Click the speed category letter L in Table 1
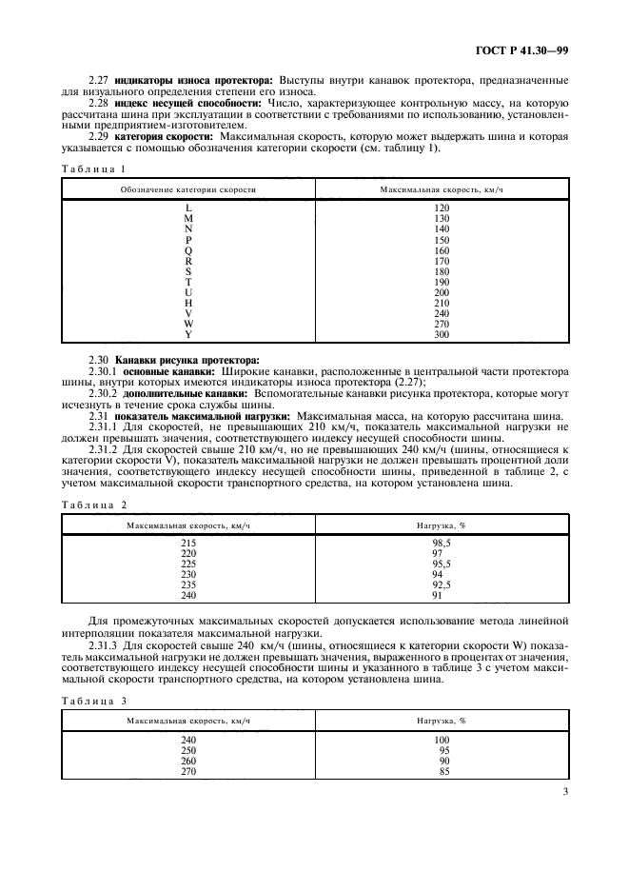(188, 208)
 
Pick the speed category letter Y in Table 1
(188, 334)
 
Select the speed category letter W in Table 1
(188, 324)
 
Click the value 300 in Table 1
(442, 334)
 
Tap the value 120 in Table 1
(442, 208)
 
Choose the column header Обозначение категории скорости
(188, 189)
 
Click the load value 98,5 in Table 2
(442, 542)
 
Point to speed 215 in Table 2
(188, 542)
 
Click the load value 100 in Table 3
(442, 739)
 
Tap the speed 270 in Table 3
(188, 770)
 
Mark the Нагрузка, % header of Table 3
(442, 721)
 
